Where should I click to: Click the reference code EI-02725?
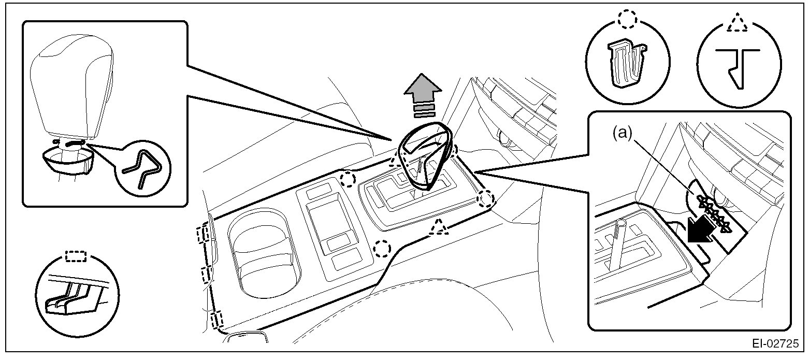(779, 344)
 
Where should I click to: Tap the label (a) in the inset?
(622, 134)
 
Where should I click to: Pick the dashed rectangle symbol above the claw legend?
(77, 256)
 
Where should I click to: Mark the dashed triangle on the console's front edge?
(438, 226)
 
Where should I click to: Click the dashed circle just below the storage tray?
(382, 249)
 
